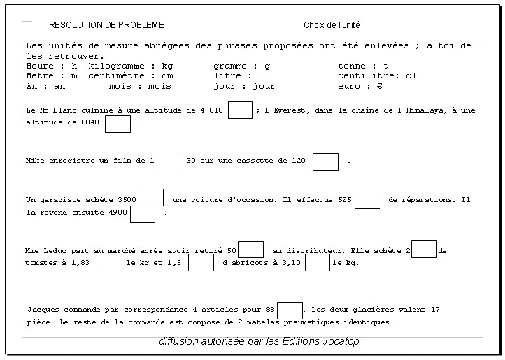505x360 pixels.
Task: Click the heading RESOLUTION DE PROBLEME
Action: (x=106, y=25)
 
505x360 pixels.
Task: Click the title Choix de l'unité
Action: (x=332, y=25)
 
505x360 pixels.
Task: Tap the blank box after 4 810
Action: (x=241, y=110)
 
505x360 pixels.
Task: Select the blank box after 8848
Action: (x=118, y=124)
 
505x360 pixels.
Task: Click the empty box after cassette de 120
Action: (x=325, y=161)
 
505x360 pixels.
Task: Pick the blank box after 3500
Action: (x=150, y=198)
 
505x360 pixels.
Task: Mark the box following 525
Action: (x=367, y=201)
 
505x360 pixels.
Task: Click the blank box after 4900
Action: (x=143, y=213)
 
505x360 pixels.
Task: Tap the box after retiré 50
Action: (x=250, y=250)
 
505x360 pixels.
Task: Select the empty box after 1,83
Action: (x=109, y=263)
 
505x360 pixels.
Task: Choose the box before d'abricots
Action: (x=201, y=263)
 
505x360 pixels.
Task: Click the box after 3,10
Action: (x=318, y=263)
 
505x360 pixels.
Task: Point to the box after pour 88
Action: (x=290, y=310)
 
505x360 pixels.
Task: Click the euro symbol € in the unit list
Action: (x=379, y=86)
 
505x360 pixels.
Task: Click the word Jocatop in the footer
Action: (x=341, y=341)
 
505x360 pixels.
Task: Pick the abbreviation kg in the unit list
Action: (x=167, y=66)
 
